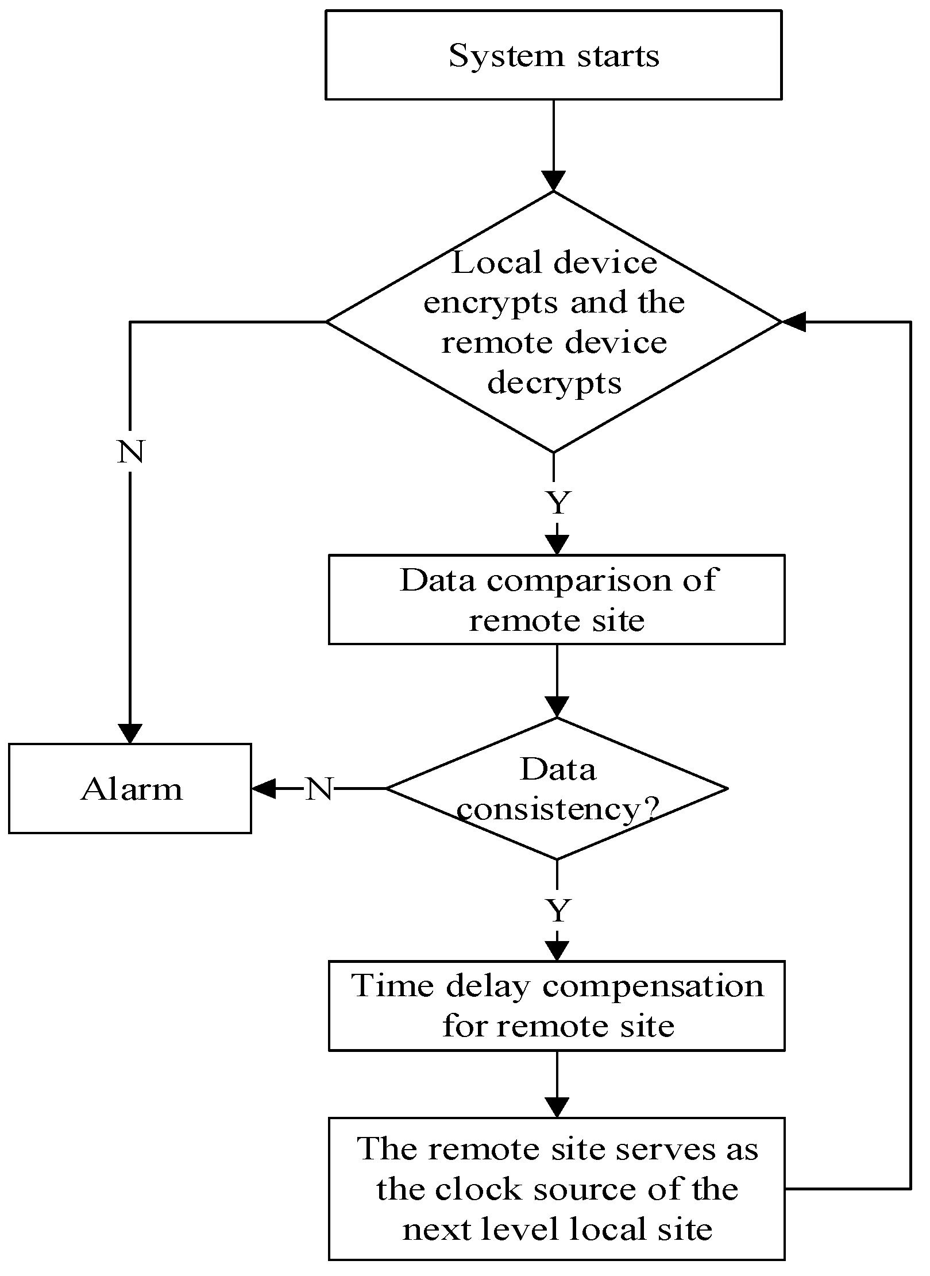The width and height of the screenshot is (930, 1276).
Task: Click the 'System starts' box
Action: [x=553, y=55]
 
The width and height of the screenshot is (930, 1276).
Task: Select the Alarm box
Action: [x=130, y=789]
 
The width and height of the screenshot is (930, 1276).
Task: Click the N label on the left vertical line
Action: [x=130, y=452]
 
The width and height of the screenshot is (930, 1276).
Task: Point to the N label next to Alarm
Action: [x=319, y=789]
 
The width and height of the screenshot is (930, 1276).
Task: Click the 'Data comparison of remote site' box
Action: [x=556, y=599]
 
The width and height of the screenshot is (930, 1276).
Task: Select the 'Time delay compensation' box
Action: [x=556, y=1005]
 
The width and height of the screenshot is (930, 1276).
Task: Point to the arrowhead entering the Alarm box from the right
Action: [x=263, y=789]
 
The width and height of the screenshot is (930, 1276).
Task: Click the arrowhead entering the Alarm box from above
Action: [x=130, y=734]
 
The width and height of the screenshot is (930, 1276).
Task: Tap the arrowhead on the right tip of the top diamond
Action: [x=794, y=322]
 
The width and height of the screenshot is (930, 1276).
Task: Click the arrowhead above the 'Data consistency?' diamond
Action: [x=557, y=707]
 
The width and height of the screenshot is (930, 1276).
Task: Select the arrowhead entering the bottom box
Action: [x=557, y=1107]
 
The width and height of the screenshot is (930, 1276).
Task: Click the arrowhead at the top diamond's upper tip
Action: [x=553, y=181]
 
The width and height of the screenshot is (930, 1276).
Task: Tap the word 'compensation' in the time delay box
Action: [x=653, y=986]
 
